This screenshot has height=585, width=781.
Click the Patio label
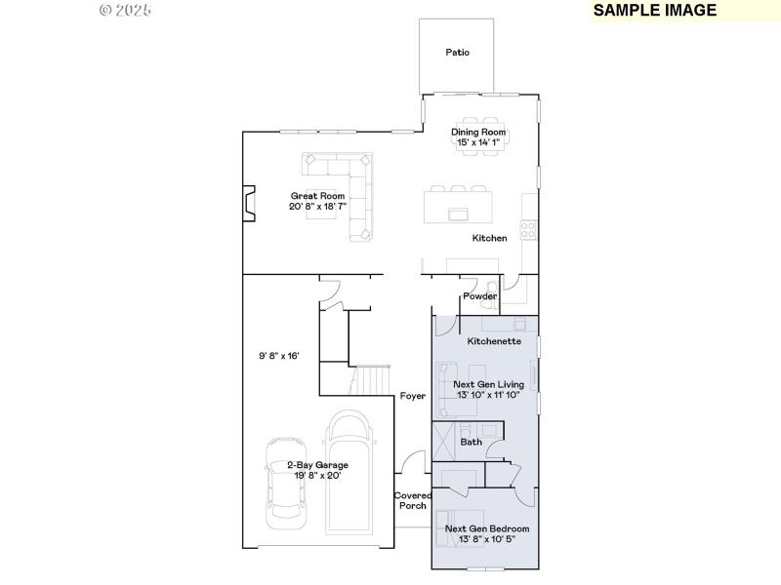[458, 53]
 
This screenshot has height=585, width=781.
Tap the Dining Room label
[477, 132]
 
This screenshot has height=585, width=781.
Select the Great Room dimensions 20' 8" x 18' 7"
[317, 207]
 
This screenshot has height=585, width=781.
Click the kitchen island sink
[457, 214]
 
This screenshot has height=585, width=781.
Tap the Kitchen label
[489, 238]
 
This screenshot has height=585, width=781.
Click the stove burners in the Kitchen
[527, 231]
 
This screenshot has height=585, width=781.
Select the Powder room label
[479, 296]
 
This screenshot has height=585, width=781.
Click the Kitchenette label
[494, 342]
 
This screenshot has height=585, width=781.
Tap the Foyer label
[412, 396]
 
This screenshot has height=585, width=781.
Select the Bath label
[472, 442]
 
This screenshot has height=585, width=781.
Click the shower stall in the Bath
[444, 434]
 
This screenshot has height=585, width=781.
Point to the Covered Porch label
[411, 500]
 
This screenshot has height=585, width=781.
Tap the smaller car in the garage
[284, 479]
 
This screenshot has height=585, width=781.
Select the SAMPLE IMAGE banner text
[654, 11]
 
